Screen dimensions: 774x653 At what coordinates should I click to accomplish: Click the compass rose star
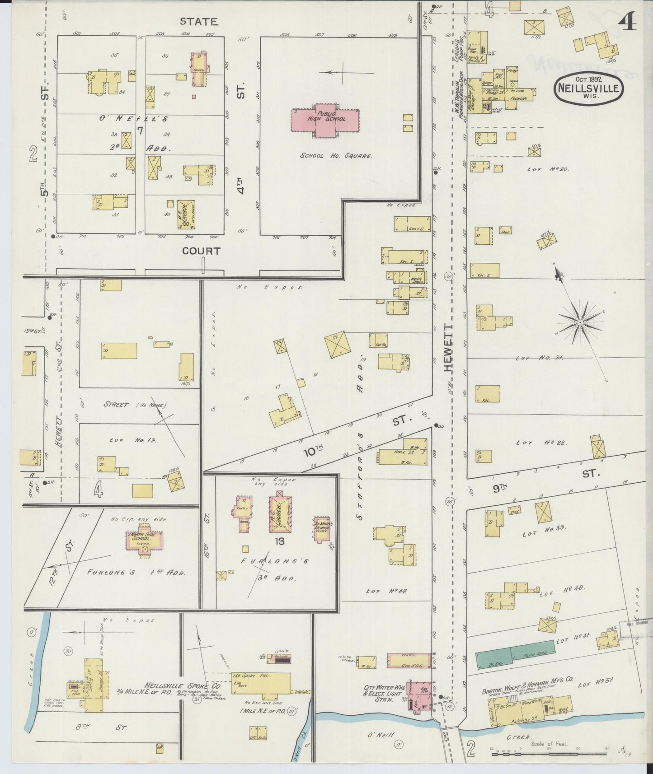[x=580, y=322]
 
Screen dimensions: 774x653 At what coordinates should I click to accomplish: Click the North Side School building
[x=144, y=539]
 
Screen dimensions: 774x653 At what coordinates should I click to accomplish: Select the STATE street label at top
[x=199, y=21]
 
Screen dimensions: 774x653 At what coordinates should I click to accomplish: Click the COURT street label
[x=201, y=251]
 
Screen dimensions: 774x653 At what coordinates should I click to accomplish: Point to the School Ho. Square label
[x=336, y=156]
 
